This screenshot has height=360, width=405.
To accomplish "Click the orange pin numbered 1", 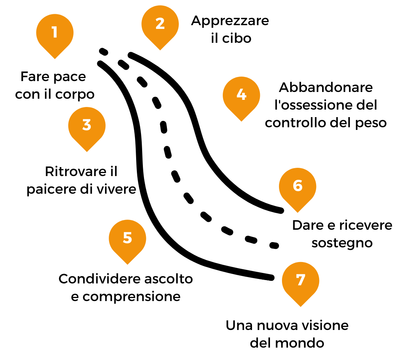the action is click(55, 34).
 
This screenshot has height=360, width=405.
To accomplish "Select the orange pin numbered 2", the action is click(160, 25).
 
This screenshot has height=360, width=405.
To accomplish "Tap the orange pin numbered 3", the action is click(87, 127).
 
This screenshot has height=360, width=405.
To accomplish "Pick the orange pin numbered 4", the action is click(241, 96).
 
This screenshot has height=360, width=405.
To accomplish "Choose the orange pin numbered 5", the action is click(127, 239).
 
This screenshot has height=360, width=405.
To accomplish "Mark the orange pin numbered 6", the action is click(298, 188).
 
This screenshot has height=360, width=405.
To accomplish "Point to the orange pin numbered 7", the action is click(301, 282).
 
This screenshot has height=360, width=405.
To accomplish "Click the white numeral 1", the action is click(55, 32).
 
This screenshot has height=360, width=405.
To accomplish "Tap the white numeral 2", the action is click(160, 24).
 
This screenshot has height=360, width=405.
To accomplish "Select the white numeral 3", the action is click(87, 125).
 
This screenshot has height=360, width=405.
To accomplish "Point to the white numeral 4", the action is click(241, 95).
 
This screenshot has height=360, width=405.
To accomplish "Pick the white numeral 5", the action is click(127, 238).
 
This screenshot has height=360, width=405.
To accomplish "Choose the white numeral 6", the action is click(298, 186).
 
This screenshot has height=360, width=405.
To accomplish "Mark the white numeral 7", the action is click(301, 280).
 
